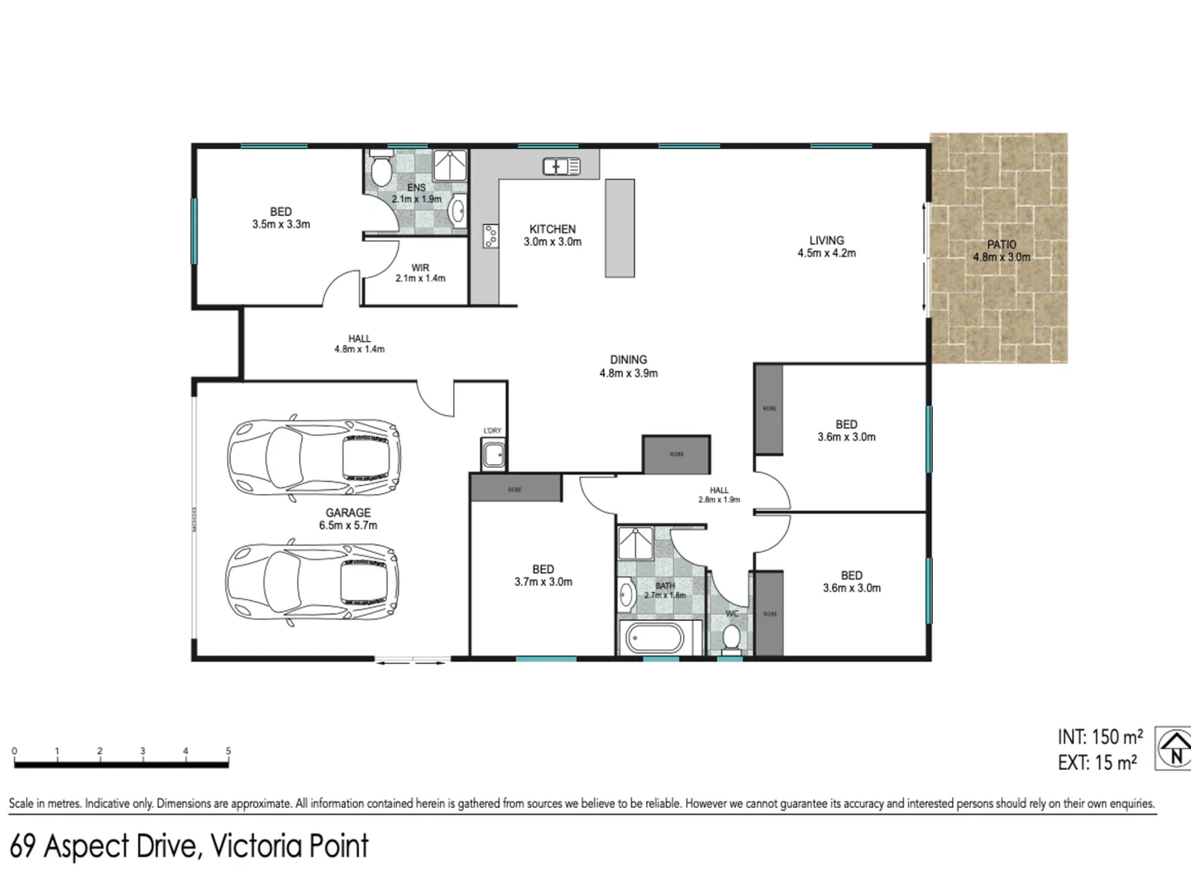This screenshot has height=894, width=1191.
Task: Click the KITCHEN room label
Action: click(552, 229)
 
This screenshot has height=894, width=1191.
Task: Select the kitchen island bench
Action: click(620, 228)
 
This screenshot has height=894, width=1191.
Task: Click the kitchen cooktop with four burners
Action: click(490, 237)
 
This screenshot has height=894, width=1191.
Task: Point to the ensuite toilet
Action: click(380, 171)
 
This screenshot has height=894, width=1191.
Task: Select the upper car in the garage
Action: click(314, 458)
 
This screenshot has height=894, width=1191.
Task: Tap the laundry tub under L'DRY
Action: click(494, 454)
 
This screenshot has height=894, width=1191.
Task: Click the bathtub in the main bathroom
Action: click(653, 640)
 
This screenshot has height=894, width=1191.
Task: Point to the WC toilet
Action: click(731, 638)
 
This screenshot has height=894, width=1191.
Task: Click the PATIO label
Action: click(1001, 245)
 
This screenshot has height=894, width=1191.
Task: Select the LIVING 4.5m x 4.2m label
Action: click(826, 247)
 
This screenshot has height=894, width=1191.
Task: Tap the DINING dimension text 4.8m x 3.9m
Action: click(629, 373)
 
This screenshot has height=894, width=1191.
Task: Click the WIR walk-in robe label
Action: click(420, 268)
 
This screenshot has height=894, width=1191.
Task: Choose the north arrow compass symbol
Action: click(1174, 748)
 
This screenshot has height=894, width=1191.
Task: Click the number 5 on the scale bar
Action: click(228, 752)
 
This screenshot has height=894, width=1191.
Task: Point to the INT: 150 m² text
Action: click(1099, 737)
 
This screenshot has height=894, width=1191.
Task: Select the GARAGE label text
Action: click(347, 512)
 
